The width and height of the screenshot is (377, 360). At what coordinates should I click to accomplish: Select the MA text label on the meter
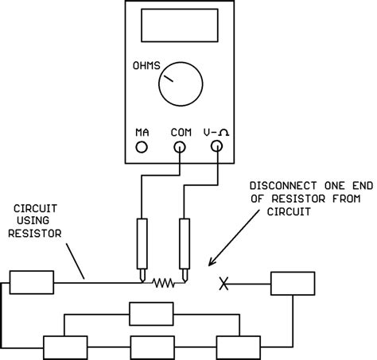(x=142, y=132)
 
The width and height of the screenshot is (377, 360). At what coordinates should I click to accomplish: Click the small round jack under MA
(x=142, y=147)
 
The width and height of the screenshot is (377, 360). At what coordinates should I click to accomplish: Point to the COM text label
(x=181, y=132)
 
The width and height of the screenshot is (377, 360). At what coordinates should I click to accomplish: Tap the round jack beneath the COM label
(x=181, y=147)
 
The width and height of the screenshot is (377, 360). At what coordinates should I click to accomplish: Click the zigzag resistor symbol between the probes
(x=163, y=281)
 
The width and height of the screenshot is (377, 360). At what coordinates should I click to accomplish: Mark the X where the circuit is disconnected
(x=225, y=282)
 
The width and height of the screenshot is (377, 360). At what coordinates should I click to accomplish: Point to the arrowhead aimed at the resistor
(x=211, y=261)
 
